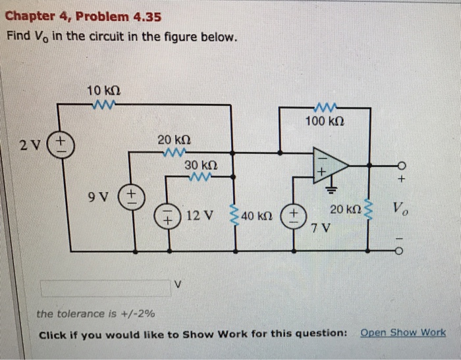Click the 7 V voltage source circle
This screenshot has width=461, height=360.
point(292,217)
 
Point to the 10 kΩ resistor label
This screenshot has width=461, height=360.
point(103,90)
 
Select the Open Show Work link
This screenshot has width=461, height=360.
point(403,332)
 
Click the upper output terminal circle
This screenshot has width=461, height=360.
point(398,165)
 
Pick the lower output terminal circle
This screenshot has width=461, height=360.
point(398,250)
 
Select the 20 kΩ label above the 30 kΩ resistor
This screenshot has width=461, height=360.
point(174,140)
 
